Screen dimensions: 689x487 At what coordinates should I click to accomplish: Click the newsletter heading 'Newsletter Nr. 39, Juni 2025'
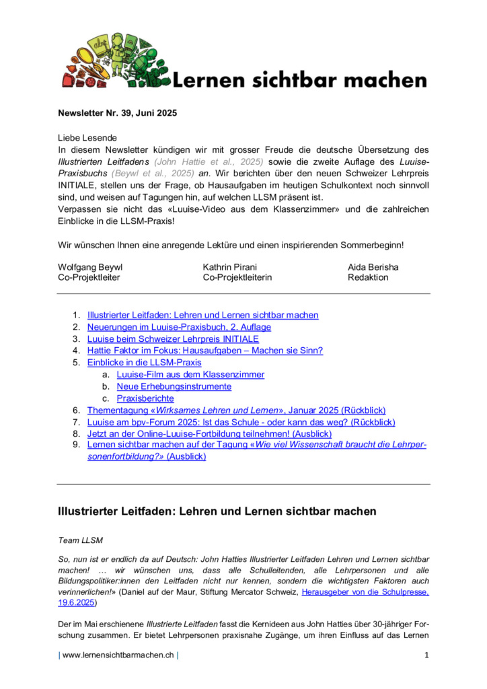click(118, 113)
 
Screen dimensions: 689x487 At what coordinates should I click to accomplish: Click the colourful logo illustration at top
click(111, 61)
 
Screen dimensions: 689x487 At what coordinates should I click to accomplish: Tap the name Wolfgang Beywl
click(90, 267)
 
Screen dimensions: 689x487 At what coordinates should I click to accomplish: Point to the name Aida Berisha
click(373, 267)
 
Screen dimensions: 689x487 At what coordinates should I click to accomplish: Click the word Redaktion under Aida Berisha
click(368, 277)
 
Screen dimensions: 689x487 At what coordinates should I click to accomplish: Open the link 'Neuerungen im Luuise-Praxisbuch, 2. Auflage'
click(179, 327)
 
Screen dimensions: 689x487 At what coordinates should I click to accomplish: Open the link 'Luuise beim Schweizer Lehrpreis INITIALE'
click(173, 339)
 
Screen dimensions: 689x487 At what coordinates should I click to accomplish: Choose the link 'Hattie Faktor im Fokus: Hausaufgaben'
click(205, 351)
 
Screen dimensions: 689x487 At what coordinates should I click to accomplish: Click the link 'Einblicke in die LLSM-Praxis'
click(144, 363)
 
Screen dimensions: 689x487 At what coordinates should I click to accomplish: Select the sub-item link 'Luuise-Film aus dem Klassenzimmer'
click(190, 374)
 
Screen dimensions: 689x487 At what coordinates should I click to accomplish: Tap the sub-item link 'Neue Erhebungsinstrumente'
click(174, 386)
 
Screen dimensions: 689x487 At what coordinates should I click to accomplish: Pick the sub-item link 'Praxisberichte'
click(145, 398)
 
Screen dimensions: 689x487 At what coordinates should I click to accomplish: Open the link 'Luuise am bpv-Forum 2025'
click(241, 422)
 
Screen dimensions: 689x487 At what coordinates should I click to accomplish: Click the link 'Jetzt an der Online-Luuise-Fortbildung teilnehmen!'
click(209, 434)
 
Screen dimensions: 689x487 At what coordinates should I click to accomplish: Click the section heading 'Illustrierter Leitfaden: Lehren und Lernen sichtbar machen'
click(217, 511)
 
